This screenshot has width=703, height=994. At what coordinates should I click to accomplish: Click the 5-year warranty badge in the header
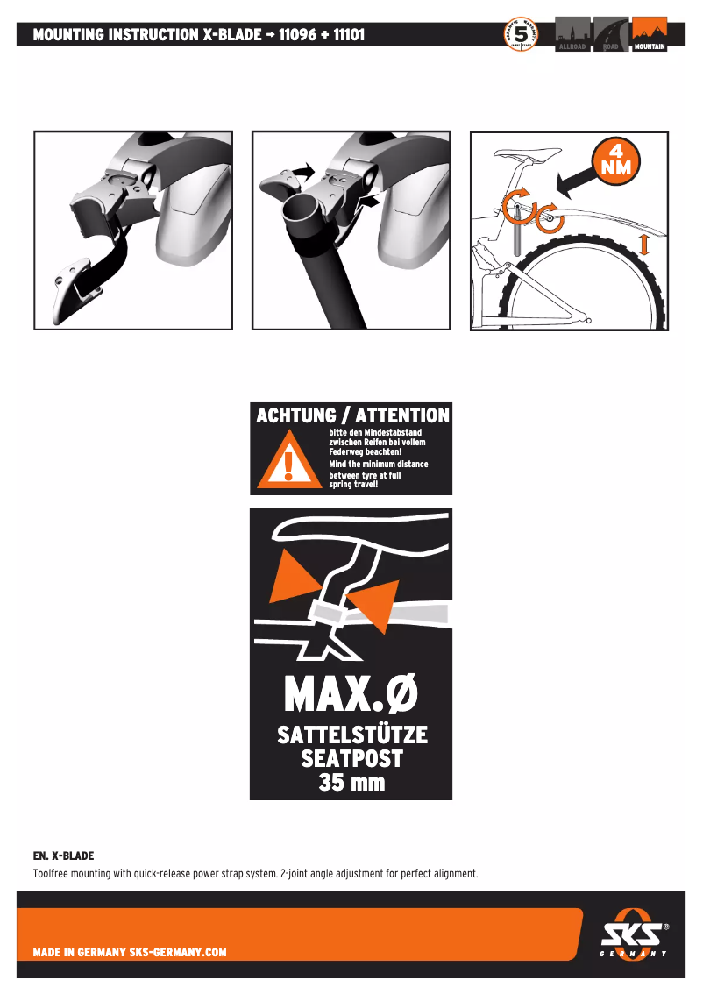click(522, 36)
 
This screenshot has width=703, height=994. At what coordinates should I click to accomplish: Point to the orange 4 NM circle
click(615, 160)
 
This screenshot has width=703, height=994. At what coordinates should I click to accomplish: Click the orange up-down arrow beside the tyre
click(644, 243)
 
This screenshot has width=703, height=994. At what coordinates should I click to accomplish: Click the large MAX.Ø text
click(351, 696)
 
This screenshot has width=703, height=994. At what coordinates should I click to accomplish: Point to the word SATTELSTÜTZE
click(352, 735)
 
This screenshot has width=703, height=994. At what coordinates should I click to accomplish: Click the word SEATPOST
click(351, 758)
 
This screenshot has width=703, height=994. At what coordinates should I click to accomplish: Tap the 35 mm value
click(351, 783)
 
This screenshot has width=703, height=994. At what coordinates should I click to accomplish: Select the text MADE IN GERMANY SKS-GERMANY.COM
click(130, 952)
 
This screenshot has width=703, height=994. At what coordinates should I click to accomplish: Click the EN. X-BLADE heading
click(63, 855)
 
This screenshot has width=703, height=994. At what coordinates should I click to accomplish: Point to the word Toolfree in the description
click(52, 874)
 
